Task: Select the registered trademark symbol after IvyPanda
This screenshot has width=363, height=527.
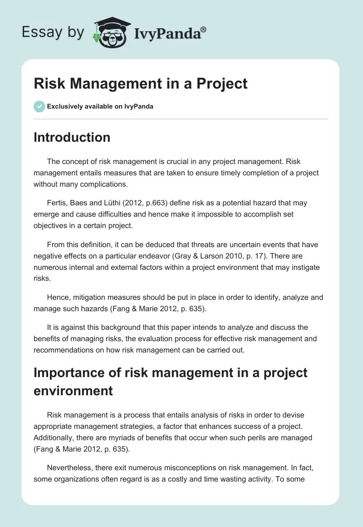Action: [204, 30]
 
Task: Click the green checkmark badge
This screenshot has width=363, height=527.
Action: [39, 106]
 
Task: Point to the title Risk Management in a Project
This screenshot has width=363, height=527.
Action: [141, 84]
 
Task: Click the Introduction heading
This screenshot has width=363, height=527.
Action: [72, 137]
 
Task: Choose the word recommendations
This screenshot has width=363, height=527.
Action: [68, 350]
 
